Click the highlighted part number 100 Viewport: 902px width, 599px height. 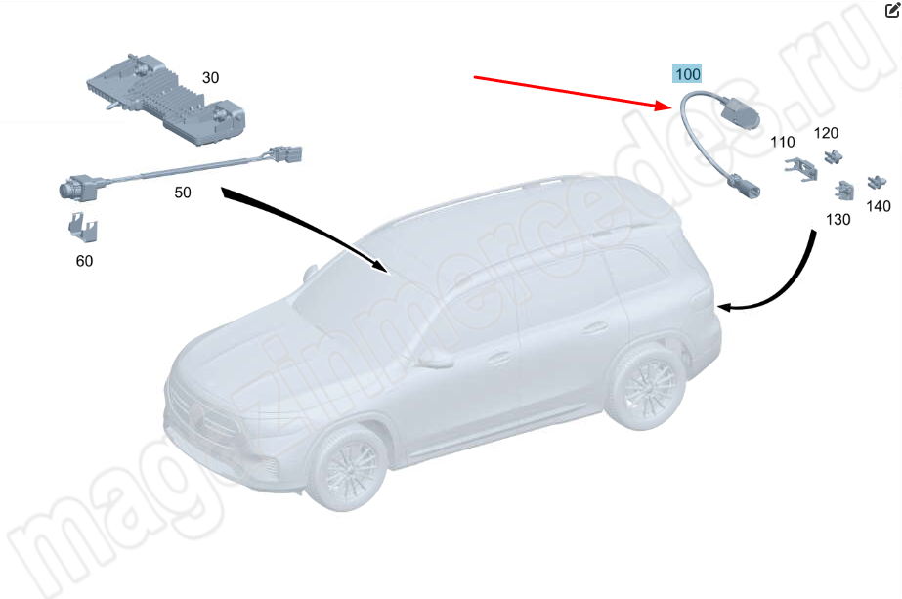point(687,74)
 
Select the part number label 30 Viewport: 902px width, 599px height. point(210,77)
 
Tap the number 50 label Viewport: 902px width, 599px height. point(183,193)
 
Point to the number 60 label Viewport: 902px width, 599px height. point(84,261)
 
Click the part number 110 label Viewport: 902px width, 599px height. point(783,142)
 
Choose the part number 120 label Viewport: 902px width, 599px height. point(826,133)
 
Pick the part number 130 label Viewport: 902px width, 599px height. point(838,219)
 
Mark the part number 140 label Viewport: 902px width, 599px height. point(879,206)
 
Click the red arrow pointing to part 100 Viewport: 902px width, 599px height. point(573,92)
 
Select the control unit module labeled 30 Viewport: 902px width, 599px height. point(167,101)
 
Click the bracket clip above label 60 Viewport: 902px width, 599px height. point(83,227)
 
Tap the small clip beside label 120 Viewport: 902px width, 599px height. point(833,156)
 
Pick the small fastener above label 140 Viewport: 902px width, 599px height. point(877,182)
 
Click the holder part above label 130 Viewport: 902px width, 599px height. point(844,191)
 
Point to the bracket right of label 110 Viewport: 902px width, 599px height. point(800,169)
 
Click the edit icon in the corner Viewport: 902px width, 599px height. point(892,10)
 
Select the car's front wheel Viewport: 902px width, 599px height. point(348,467)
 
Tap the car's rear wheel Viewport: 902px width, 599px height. point(646,386)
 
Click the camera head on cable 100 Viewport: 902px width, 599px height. point(740,113)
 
